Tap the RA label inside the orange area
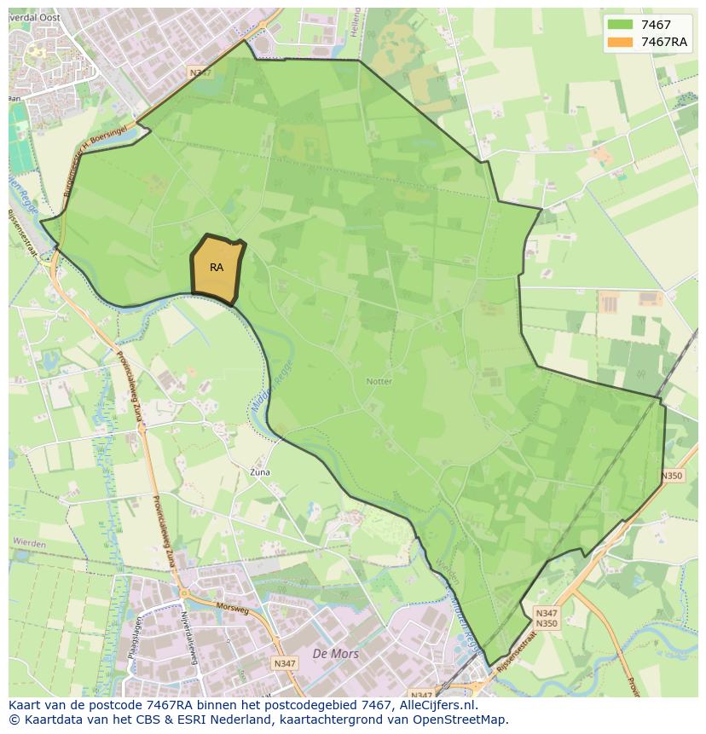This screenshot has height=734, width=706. point(217,268)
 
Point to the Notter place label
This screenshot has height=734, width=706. point(379,381)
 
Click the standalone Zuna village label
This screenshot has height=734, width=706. point(259,471)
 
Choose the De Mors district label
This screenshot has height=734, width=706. point(336,654)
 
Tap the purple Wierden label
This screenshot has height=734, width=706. point(29,542)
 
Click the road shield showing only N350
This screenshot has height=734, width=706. point(672,476)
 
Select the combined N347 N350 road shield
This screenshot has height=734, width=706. point(547,618)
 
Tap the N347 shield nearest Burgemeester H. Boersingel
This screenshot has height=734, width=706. point(201,74)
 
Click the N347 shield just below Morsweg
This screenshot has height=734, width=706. point(284,662)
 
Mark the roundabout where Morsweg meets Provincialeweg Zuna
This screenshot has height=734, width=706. point(182,593)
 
